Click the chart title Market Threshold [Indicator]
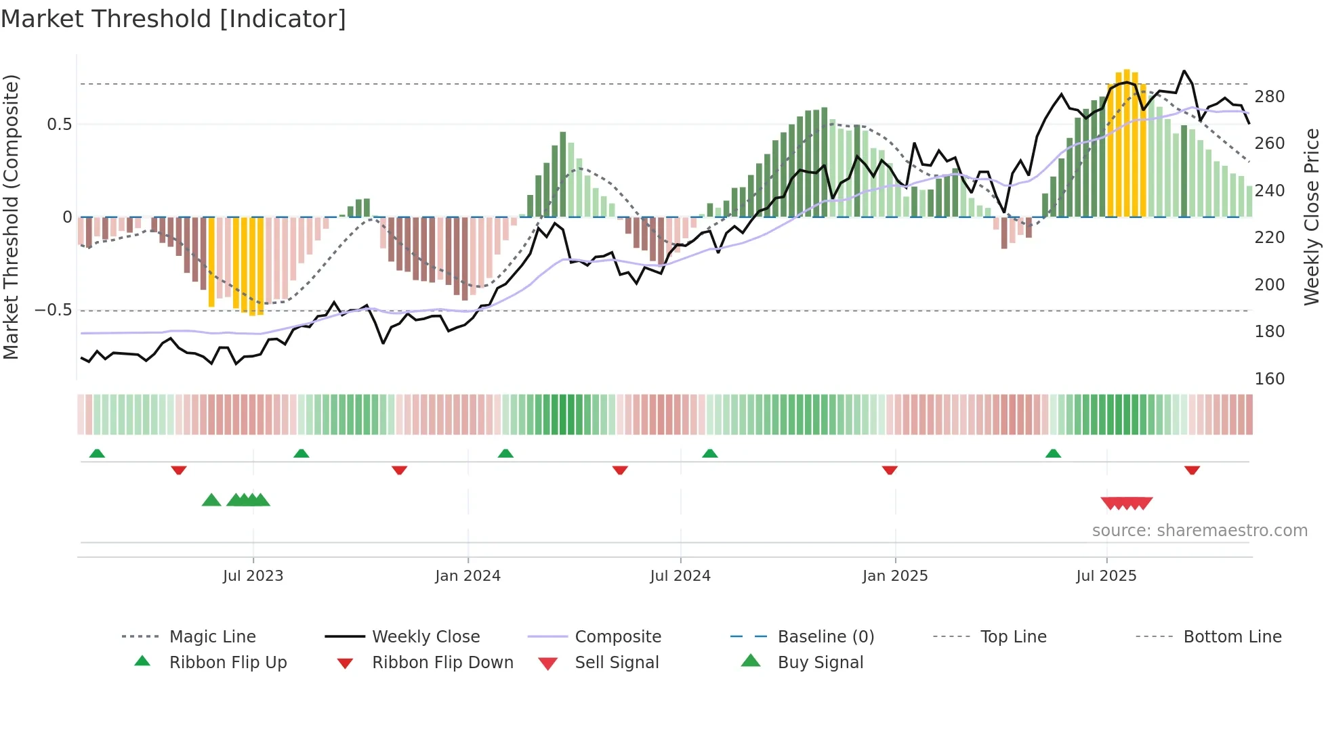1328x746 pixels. tap(173, 19)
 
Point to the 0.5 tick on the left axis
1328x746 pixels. tap(59, 125)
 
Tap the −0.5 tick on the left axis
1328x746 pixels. tap(53, 310)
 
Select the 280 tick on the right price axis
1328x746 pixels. tap(1269, 97)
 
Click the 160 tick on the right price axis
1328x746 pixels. tap(1269, 379)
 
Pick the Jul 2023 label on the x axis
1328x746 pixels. tap(253, 576)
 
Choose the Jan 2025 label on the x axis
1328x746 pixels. tap(894, 576)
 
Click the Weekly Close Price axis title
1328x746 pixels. tap(1311, 217)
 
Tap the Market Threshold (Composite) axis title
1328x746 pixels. tap(11, 217)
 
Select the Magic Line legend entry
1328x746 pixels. tap(212, 637)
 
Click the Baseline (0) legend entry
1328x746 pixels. tap(825, 637)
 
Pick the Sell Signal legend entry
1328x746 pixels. tap(616, 663)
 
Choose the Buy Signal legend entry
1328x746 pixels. tap(820, 663)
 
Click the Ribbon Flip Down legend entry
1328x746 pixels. tap(442, 663)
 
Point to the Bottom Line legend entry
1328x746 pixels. tap(1232, 637)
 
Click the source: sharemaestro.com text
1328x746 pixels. tap(1199, 531)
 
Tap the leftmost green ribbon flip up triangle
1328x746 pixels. tap(97, 454)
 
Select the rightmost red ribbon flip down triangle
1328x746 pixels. tap(1192, 470)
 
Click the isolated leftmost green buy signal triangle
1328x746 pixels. tap(211, 500)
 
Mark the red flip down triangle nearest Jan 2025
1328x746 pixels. tap(890, 470)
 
